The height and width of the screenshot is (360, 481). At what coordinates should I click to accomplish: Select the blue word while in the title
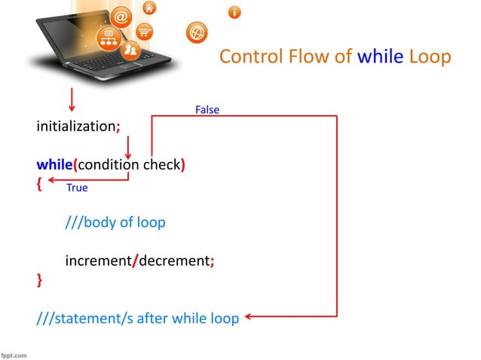(x=380, y=57)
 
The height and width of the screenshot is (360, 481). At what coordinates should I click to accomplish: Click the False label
(x=207, y=110)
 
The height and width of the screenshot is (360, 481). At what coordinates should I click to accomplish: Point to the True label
(x=77, y=188)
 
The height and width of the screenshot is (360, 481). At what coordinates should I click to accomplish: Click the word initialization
(x=75, y=127)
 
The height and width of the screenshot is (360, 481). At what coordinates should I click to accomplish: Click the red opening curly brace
(x=39, y=183)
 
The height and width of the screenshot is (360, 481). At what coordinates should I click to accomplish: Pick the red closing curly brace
(x=39, y=280)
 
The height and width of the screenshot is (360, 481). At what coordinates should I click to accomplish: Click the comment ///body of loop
(x=115, y=223)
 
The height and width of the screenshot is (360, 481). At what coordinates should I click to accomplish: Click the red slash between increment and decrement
(x=135, y=261)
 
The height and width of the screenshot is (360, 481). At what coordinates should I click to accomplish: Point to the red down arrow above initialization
(x=72, y=99)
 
